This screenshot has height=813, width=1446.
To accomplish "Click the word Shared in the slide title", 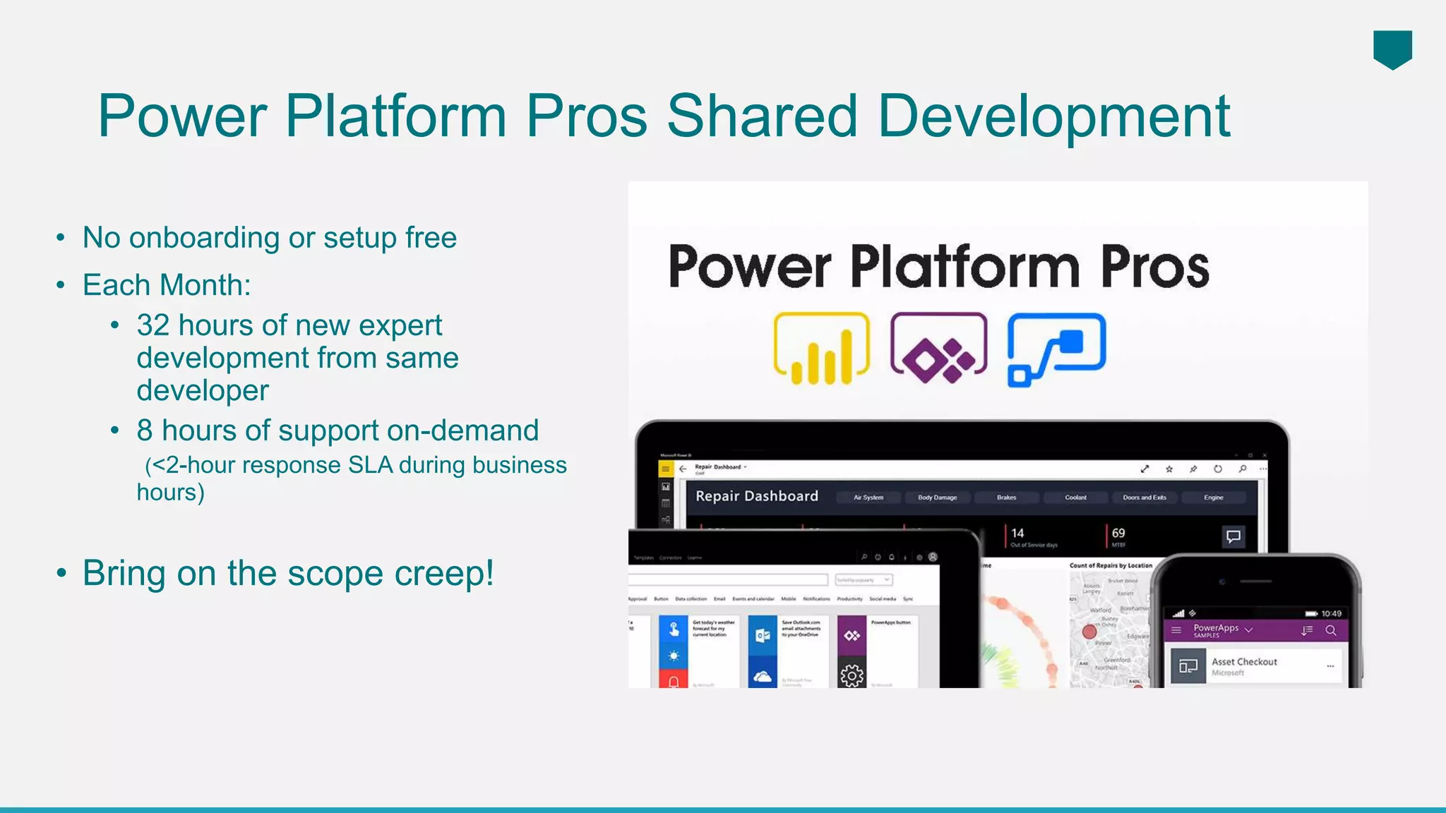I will point(762,116).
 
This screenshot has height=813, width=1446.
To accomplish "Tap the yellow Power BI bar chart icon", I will point(821,349).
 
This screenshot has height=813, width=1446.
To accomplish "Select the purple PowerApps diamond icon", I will point(938,349).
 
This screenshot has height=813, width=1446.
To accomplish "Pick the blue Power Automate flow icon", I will point(1056,349).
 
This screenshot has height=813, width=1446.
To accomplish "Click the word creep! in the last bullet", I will point(444,573).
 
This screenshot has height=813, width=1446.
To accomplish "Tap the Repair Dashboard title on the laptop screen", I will point(756,496).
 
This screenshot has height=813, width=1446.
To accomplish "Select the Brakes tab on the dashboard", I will point(1006,498).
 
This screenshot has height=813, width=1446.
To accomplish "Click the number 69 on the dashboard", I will point(1118,534).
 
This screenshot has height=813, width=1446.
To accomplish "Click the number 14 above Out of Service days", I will point(1017,534).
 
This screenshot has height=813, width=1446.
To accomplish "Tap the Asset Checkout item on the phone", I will point(1244,662).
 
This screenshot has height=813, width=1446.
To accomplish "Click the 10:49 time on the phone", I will point(1331,613).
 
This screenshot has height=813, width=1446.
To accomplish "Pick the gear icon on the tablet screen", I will point(852,675).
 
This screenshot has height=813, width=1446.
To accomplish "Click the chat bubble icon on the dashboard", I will point(1233,537).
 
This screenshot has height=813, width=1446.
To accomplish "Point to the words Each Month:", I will point(167,286).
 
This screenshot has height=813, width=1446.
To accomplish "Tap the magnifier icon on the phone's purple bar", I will point(1331,630).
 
